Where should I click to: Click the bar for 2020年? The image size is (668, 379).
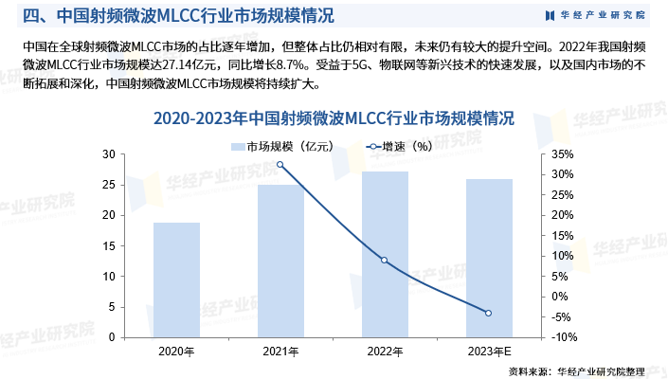click(177, 280)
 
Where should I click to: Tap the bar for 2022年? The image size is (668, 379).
click(385, 254)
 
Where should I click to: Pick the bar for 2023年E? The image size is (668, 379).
click(489, 258)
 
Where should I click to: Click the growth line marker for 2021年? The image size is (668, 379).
click(280, 165)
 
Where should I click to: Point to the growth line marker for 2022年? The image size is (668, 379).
click(385, 260)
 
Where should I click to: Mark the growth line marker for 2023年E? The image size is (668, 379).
click(489, 314)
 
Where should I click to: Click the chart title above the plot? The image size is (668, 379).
click(334, 119)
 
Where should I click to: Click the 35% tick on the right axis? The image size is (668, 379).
click(561, 154)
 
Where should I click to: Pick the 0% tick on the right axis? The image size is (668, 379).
click(558, 276)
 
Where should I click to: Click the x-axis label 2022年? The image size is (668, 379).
click(385, 352)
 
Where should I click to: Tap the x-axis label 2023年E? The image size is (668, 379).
click(489, 352)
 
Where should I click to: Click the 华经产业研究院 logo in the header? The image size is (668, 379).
click(595, 15)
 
